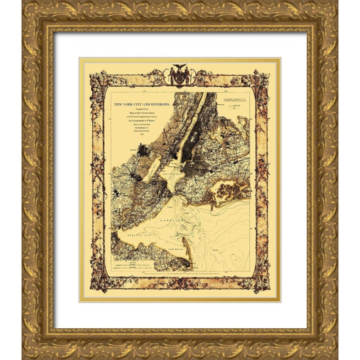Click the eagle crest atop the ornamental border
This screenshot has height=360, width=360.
(180, 74)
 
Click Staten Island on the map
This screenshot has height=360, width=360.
(145, 203)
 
